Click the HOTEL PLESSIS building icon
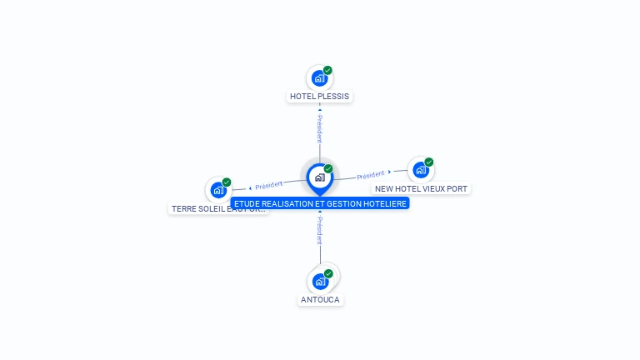318,78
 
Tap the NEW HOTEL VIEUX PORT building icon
420,170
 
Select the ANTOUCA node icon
320,281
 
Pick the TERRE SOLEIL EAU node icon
218,190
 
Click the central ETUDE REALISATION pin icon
319,177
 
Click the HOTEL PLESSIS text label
319,97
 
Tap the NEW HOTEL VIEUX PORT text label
421,189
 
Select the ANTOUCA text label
320,300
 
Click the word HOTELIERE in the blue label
386,203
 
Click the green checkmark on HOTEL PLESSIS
327,71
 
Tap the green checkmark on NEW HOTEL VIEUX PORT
429,162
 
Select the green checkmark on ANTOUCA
328,273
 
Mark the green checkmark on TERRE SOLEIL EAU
227,182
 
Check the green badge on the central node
328,169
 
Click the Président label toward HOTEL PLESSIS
319,128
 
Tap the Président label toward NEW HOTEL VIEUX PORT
371,175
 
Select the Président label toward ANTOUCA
320,230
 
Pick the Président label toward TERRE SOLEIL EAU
268,185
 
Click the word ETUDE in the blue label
247,203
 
